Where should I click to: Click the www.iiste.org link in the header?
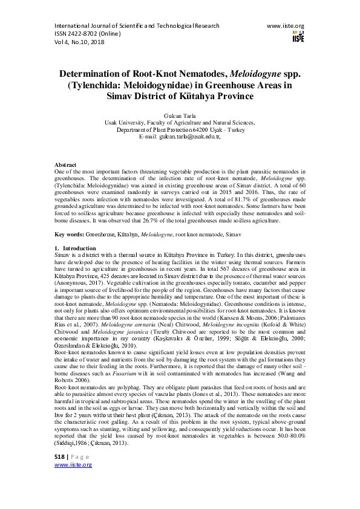pyautogui.click(x=285, y=26)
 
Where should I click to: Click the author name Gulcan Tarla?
pyautogui.click(x=180, y=114)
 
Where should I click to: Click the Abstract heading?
pyautogui.click(x=65, y=164)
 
